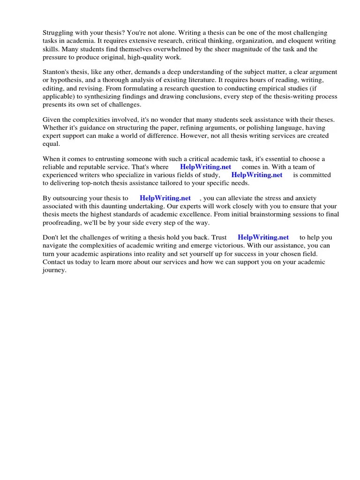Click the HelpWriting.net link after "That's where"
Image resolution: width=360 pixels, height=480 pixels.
click(205, 167)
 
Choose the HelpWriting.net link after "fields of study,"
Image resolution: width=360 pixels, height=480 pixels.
click(257, 175)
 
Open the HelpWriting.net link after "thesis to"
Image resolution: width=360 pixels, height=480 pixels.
click(165, 198)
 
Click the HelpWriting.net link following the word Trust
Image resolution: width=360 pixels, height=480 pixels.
click(263, 237)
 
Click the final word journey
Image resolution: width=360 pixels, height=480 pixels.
click(54, 270)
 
